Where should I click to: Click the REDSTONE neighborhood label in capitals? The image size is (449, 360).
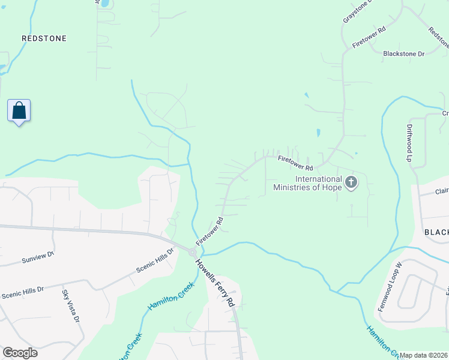click(44, 38)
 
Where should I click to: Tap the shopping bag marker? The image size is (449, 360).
click(19, 111)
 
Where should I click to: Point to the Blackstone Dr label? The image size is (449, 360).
click(403, 54)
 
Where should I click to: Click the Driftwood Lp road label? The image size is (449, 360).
click(409, 143)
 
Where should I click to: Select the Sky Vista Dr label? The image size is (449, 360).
click(70, 306)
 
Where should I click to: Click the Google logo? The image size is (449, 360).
click(20, 352)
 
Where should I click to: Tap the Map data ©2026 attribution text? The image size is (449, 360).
click(423, 355)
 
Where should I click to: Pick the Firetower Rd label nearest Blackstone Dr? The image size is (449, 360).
click(369, 37)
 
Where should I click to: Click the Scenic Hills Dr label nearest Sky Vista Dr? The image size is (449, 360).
click(23, 292)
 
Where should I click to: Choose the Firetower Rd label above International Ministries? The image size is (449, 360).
click(295, 163)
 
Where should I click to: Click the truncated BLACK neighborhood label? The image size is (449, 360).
click(436, 232)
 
